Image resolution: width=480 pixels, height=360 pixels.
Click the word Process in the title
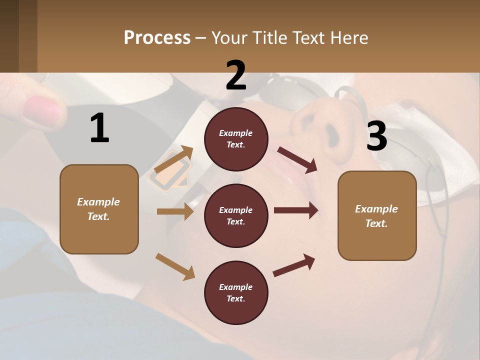pyautogui.click(x=157, y=38)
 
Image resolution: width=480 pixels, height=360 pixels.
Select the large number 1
pyautogui.click(x=99, y=128)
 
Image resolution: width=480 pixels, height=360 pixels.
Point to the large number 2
pyautogui.click(x=236, y=75)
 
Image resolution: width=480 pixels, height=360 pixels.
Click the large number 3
pyautogui.click(x=376, y=136)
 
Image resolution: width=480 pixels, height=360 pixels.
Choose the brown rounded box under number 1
pyautogui.click(x=99, y=209)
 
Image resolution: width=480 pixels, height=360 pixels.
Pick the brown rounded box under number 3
pyautogui.click(x=377, y=215)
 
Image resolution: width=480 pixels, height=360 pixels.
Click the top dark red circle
pyautogui.click(x=236, y=139)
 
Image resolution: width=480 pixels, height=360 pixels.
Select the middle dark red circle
pyautogui.click(x=236, y=215)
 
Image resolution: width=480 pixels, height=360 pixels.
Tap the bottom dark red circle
pyautogui.click(x=236, y=292)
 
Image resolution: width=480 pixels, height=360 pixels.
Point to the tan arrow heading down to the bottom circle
pyautogui.click(x=175, y=266)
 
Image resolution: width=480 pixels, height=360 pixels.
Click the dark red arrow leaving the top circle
pyautogui.click(x=297, y=159)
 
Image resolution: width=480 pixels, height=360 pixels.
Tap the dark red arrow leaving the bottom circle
pyautogui.click(x=294, y=265)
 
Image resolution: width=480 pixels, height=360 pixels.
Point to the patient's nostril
pyautogui.click(x=331, y=133)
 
